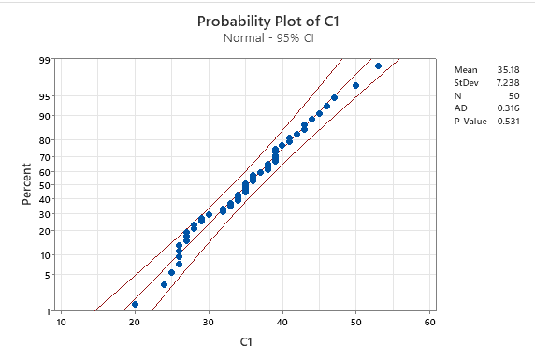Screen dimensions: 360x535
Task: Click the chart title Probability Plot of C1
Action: (267, 21)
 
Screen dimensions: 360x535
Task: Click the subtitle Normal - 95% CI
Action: (267, 38)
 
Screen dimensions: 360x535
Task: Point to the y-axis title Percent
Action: (26, 184)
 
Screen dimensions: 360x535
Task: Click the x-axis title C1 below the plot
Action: (245, 343)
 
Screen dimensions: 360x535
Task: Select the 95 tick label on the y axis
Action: (44, 96)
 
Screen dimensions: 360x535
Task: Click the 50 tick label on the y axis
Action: (44, 185)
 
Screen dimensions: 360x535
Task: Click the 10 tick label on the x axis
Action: (61, 323)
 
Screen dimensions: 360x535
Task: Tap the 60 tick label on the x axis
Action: (430, 323)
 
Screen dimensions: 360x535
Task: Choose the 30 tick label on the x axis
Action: (209, 323)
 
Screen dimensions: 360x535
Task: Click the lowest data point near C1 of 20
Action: (135, 304)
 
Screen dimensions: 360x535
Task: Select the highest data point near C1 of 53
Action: (378, 65)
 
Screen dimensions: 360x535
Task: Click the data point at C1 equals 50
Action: (356, 86)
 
